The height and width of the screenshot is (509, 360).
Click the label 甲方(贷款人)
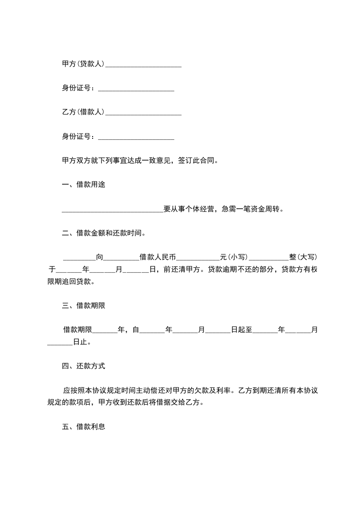pyautogui.click(x=83, y=64)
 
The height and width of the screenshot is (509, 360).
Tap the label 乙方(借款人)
pyautogui.click(x=83, y=112)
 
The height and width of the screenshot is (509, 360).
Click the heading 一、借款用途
pyautogui.click(x=84, y=185)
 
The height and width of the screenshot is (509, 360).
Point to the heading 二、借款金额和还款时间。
pyautogui.click(x=104, y=233)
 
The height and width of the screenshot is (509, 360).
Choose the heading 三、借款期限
pyautogui.click(x=84, y=305)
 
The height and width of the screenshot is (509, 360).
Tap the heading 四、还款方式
pyautogui.click(x=84, y=366)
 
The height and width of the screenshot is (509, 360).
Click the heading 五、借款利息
pyautogui.click(x=84, y=427)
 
